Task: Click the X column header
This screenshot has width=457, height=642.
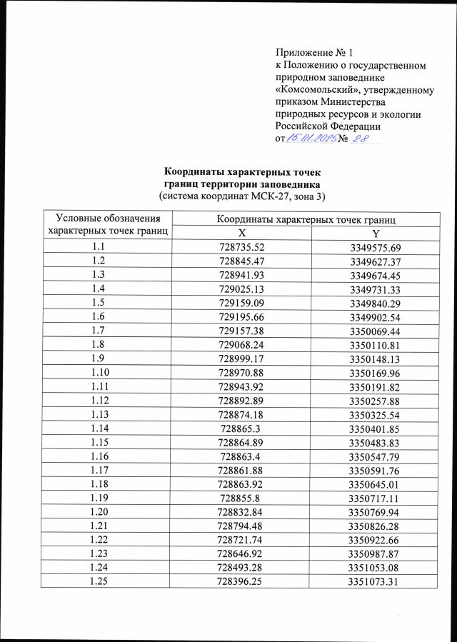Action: [241, 234]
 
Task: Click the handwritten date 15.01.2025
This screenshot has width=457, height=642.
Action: [311, 138]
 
